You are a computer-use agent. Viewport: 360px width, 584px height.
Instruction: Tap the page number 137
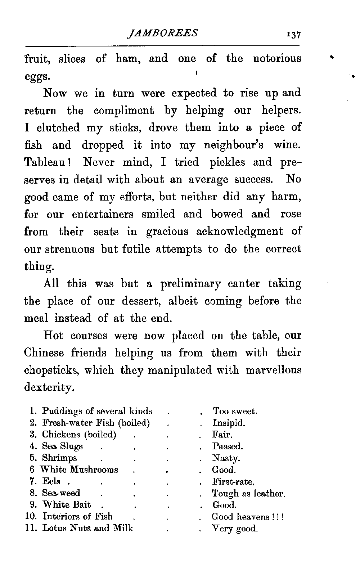(293, 35)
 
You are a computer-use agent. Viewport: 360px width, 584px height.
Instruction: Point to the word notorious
(277, 59)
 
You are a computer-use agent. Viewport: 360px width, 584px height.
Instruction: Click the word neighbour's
(234, 145)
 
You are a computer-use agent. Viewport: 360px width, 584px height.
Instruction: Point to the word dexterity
(49, 388)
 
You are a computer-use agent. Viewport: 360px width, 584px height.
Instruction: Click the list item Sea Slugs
(63, 446)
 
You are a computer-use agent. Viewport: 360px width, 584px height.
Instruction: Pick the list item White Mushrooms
(79, 470)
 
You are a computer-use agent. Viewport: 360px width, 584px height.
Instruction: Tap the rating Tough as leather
(248, 493)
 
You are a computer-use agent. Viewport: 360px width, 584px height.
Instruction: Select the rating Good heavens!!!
(248, 517)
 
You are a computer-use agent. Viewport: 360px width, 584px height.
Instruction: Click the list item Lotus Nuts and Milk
(87, 529)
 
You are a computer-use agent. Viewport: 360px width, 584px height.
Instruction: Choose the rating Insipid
(229, 423)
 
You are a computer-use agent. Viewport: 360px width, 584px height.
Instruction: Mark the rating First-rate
(234, 482)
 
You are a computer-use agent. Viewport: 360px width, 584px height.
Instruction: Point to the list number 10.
(31, 517)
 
